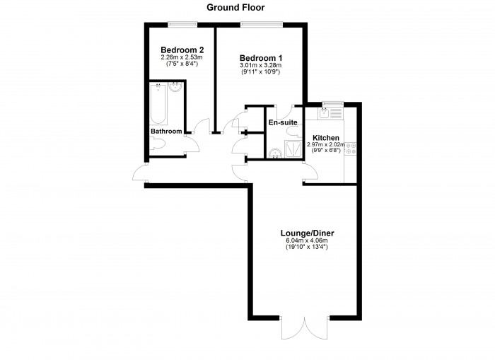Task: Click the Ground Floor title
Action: [x=235, y=8]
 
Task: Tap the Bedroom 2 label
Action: [x=182, y=50]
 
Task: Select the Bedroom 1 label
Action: [x=261, y=58]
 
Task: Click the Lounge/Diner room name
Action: [x=307, y=233]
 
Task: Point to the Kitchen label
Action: [x=326, y=138]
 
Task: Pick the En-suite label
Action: [x=283, y=122]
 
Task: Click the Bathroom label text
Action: [x=166, y=131]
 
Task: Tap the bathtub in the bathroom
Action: [x=158, y=103]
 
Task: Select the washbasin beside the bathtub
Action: [x=175, y=87]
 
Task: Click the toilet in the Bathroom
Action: [x=157, y=144]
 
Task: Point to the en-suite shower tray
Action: [x=293, y=149]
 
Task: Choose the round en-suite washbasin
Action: [x=275, y=153]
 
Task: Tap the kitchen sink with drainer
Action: [x=330, y=113]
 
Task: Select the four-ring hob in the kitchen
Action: [x=351, y=149]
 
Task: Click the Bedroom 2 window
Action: [x=182, y=24]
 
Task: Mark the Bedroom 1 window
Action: [x=261, y=24]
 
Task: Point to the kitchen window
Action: [x=333, y=104]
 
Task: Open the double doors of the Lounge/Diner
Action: [x=304, y=328]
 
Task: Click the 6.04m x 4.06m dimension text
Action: [x=307, y=240]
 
